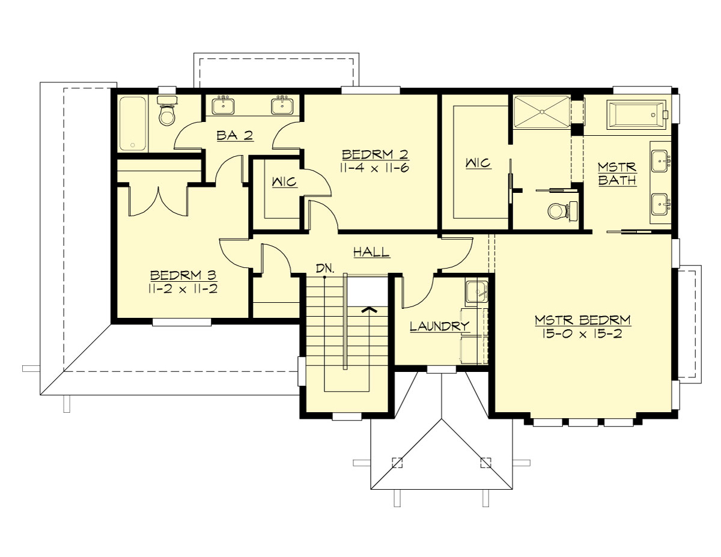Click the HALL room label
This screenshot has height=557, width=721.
(x=371, y=252)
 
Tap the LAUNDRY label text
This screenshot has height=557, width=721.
(x=439, y=326)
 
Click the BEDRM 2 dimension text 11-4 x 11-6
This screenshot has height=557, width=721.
(x=374, y=168)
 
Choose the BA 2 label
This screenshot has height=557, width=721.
(x=235, y=135)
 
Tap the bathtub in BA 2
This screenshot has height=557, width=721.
(x=132, y=123)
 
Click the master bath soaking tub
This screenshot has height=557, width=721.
(x=637, y=115)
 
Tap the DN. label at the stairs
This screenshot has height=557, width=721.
(x=325, y=268)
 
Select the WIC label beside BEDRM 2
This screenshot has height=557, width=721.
(x=284, y=181)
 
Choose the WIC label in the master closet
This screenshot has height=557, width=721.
(x=478, y=163)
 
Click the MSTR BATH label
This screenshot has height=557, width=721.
(x=617, y=173)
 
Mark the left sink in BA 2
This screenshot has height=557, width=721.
(x=224, y=106)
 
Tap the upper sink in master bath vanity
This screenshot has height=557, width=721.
(x=660, y=159)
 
